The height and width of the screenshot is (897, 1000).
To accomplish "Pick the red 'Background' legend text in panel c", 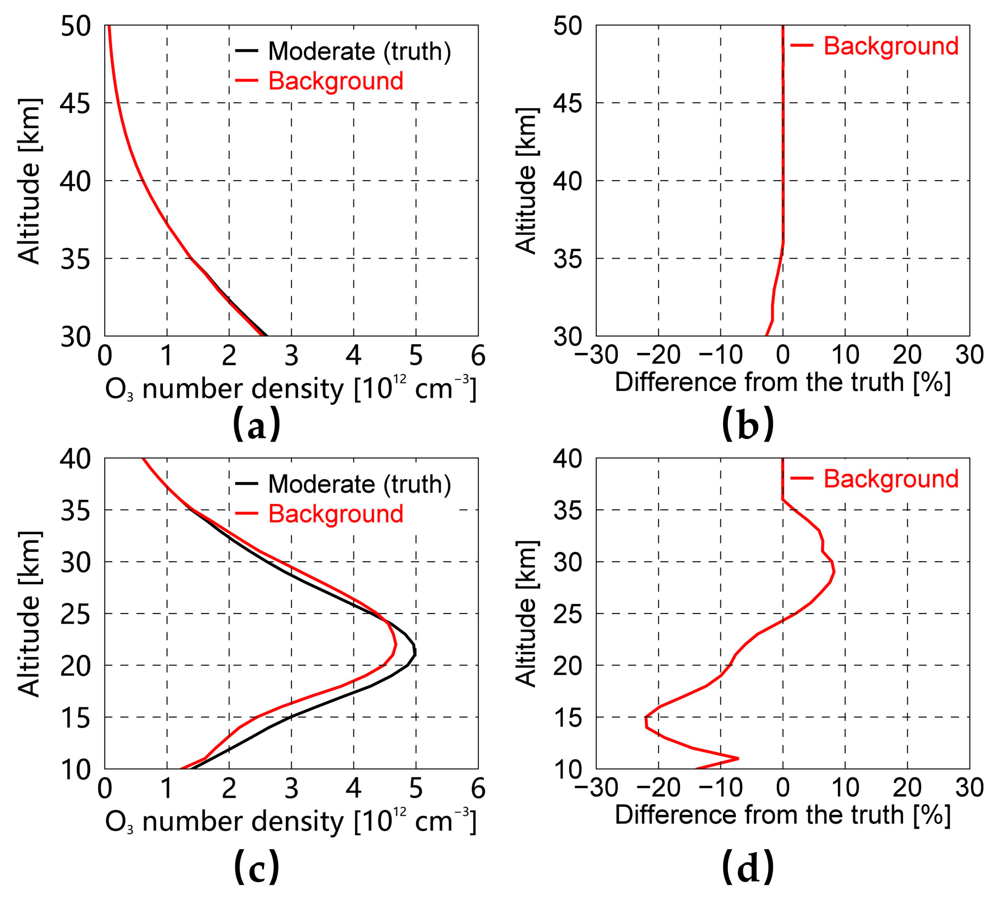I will (x=336, y=513).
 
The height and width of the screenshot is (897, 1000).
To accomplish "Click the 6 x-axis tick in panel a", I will (x=477, y=356).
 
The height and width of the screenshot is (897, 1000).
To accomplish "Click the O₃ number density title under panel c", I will (x=291, y=822).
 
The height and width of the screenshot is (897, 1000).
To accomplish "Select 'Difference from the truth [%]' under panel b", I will (x=782, y=383).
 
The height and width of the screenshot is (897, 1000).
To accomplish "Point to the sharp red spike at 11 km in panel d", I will (x=738, y=758).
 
